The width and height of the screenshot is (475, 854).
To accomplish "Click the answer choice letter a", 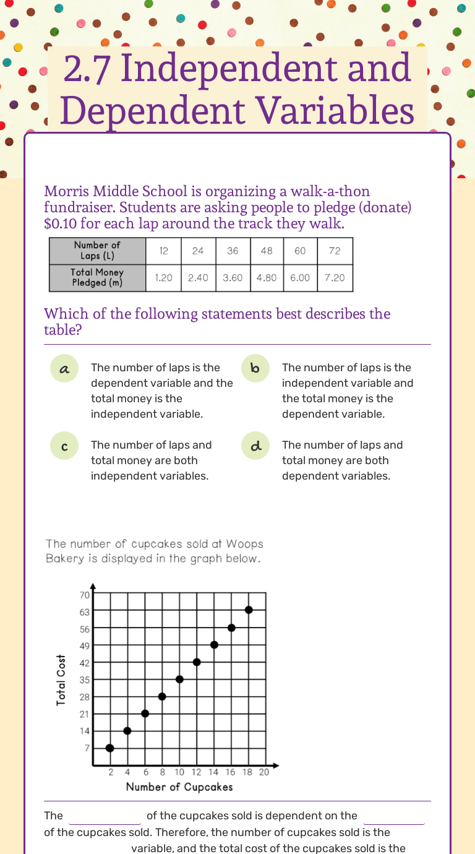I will [x=64, y=369].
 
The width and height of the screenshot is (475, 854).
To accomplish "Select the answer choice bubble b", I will [x=255, y=369].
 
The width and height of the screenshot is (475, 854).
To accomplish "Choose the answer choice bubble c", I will [x=64, y=446].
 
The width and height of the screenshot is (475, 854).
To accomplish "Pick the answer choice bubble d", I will [x=255, y=446].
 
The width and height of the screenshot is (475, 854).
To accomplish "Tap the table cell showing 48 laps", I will [x=267, y=251].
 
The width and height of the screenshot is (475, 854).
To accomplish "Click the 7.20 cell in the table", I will [x=335, y=278].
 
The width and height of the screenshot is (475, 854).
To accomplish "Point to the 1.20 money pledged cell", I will [x=164, y=278].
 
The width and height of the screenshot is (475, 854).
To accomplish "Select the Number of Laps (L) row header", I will [x=97, y=251].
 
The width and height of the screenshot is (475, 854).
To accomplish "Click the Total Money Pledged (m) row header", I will [x=97, y=278].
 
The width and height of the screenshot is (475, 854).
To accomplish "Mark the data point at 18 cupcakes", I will [x=249, y=610].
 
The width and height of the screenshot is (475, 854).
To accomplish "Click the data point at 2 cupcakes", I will [x=110, y=748].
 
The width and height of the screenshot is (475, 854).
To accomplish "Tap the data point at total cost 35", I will [x=179, y=679].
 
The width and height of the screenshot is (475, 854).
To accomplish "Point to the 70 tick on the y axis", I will [x=84, y=595].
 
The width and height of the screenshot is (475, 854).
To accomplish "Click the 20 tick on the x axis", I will [x=264, y=772].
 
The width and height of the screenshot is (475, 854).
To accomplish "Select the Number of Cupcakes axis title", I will [x=179, y=787].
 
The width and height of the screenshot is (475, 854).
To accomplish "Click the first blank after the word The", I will [x=105, y=817].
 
